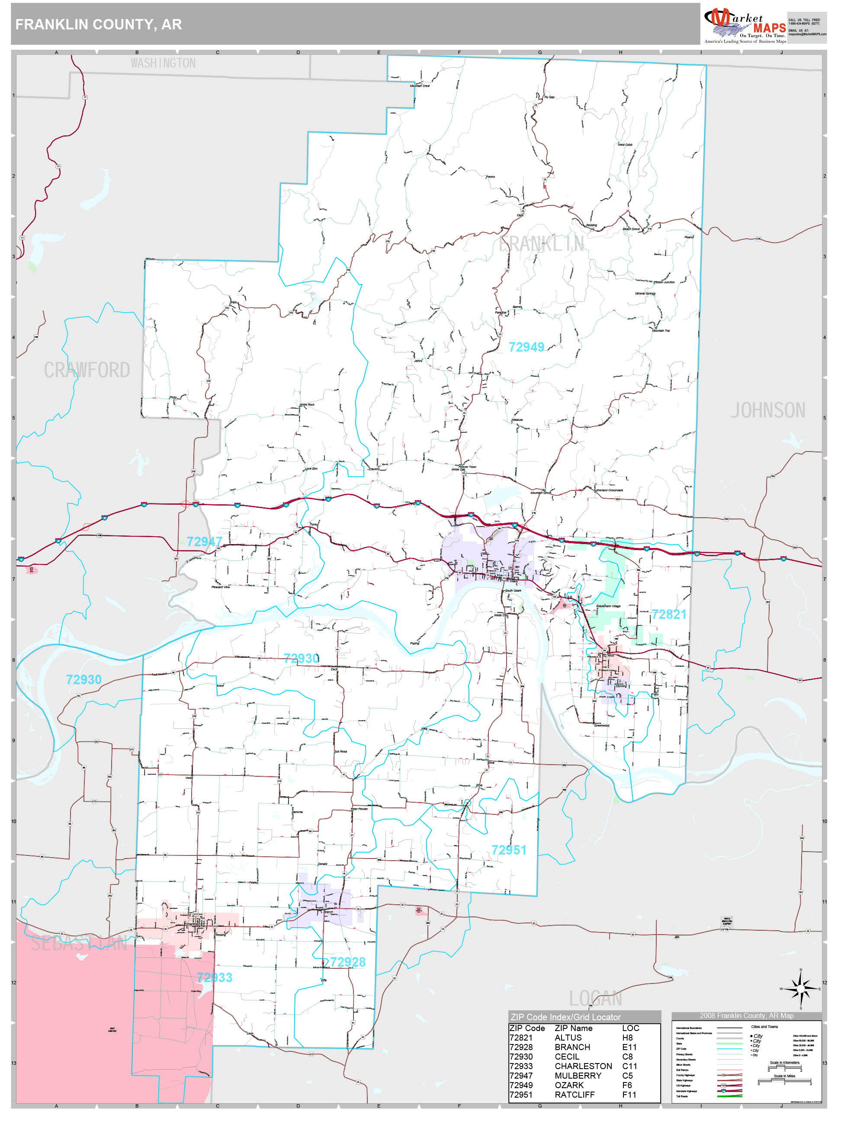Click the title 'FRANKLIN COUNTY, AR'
98,24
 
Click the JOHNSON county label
767,410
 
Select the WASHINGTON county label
163,63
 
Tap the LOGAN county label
595,998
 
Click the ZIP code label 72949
526,347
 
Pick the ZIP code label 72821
669,615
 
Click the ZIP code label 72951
508,850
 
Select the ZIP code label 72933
215,977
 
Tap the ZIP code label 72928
348,962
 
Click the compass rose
800,989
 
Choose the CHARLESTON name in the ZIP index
583,1066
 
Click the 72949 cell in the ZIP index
521,1085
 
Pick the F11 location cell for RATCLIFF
629,1095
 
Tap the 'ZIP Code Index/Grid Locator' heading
565,1017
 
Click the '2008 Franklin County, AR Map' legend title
746,1015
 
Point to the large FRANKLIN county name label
541,244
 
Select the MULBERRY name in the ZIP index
578,1076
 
